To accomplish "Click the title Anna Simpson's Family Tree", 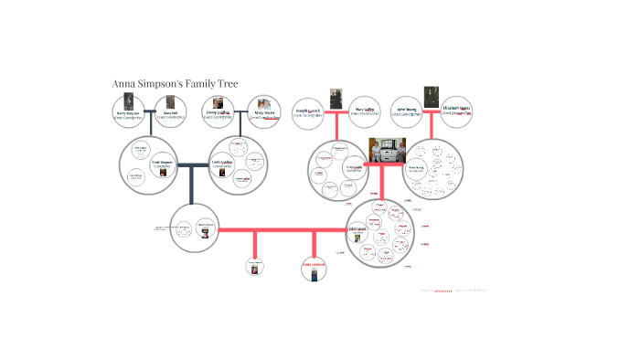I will pyautogui.click(x=175, y=83).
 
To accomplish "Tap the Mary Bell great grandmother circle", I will pyautogui.click(x=170, y=111).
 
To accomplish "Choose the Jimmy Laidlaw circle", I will pyautogui.click(x=218, y=111).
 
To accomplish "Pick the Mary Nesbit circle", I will pyautogui.click(x=264, y=111).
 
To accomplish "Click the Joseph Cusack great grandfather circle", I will pyautogui.click(x=308, y=112).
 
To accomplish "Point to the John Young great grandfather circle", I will pyautogui.click(x=407, y=112).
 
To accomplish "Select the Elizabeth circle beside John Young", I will pyautogui.click(x=456, y=112).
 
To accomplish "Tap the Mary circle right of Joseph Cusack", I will pyautogui.click(x=366, y=112).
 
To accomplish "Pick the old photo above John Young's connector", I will pyautogui.click(x=432, y=96).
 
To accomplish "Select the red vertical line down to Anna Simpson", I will pyautogui.click(x=314, y=244).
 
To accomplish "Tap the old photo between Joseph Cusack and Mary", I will pyautogui.click(x=336, y=99).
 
